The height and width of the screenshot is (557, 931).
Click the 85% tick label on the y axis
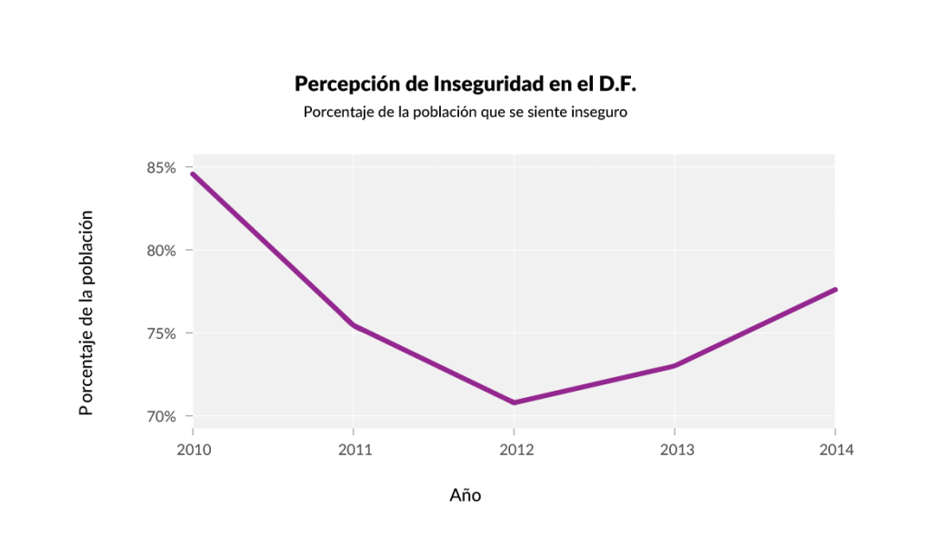161,168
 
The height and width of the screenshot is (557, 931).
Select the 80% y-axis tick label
161,251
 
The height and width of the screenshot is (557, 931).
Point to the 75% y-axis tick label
161,333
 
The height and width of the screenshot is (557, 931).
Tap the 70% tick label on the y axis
161,417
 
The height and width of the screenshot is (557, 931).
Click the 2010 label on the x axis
192,449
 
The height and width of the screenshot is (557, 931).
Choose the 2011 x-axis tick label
353,449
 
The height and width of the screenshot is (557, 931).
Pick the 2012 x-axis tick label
514,449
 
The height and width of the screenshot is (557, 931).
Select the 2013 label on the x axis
674,449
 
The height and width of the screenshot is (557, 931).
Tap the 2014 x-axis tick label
835,449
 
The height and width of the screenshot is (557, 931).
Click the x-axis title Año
465,495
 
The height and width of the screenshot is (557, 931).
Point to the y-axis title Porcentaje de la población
86,313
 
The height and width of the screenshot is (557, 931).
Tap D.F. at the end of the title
617,85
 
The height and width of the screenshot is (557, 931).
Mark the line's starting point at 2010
192,174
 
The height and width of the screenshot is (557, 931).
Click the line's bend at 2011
353,324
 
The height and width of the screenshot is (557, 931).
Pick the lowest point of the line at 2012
514,403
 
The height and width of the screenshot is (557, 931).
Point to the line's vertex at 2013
674,365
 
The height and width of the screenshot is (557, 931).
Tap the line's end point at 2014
835,289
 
